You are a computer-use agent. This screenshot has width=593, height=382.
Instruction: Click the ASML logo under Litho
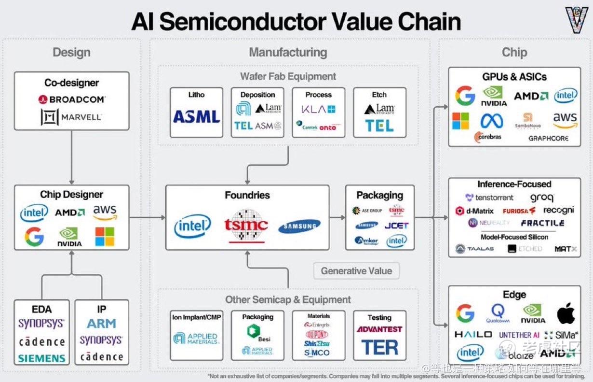click(x=196, y=116)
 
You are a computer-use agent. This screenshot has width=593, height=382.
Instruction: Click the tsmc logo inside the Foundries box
click(x=246, y=225)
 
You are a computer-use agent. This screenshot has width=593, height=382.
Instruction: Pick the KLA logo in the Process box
click(x=318, y=110)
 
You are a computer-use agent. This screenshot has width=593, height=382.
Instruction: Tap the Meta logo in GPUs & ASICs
click(x=492, y=120)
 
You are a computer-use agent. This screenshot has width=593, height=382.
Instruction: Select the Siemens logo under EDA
click(x=41, y=358)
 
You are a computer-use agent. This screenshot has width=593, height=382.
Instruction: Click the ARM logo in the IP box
click(x=101, y=324)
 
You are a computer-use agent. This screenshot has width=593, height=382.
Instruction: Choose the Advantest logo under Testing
click(x=379, y=329)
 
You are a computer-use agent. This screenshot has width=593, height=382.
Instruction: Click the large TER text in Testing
click(x=380, y=347)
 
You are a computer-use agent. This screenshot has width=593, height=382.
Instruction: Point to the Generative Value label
click(x=356, y=271)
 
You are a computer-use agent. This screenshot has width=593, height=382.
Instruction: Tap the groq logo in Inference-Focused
click(x=542, y=198)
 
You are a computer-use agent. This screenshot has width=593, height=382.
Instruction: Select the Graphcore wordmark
click(x=548, y=138)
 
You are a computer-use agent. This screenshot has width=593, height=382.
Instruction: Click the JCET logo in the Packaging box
click(x=396, y=226)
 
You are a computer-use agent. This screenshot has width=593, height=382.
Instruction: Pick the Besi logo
click(x=257, y=333)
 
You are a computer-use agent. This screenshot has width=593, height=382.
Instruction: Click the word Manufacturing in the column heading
click(x=288, y=52)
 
